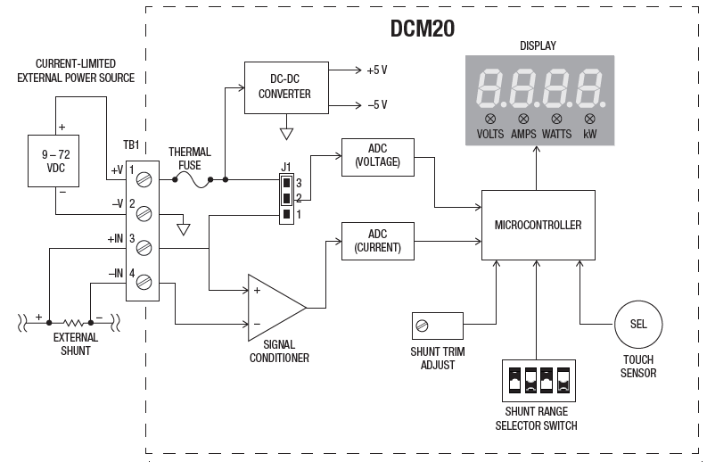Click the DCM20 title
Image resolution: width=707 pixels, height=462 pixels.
click(x=422, y=28)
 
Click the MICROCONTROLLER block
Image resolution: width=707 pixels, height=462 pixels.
click(x=538, y=225)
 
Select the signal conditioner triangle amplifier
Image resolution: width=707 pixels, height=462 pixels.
click(x=274, y=307)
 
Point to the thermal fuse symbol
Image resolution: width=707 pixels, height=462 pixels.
click(x=189, y=179)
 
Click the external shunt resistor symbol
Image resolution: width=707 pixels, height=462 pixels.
click(x=75, y=321)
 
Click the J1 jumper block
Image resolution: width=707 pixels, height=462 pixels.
click(x=285, y=196)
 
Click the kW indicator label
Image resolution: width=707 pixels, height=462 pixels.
click(x=590, y=135)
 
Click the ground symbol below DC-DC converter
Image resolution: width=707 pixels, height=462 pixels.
click(x=286, y=134)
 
